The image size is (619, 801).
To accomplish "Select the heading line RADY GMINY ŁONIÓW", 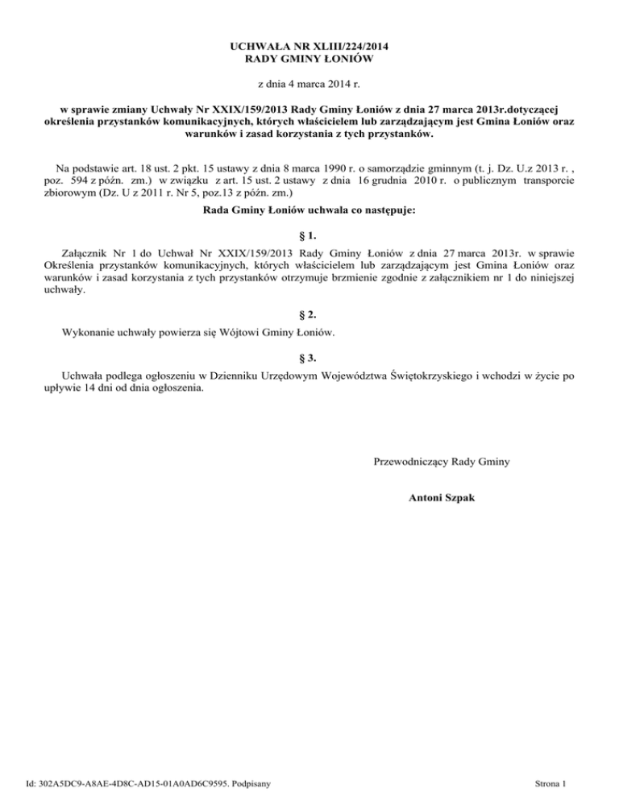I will [309, 60].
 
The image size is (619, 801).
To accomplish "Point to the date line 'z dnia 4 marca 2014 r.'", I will [309, 84].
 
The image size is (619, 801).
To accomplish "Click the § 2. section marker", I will [309, 314].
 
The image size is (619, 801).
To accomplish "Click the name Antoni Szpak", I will [441, 499].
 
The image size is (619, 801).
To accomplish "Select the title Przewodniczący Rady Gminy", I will [441, 462].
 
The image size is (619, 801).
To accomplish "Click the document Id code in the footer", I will [134, 783].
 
